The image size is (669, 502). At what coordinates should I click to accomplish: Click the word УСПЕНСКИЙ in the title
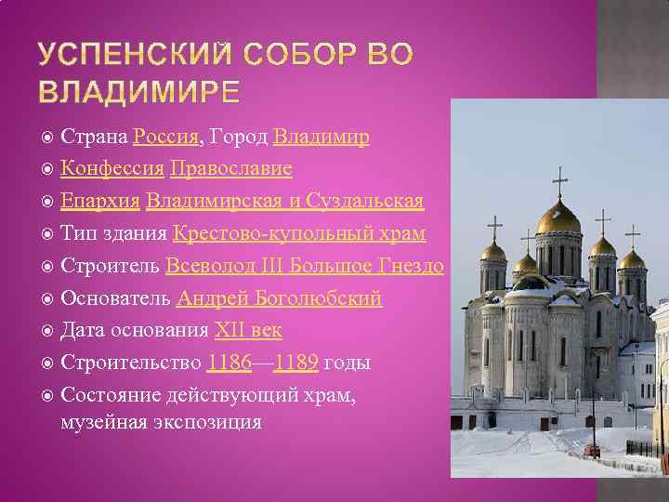tap(131, 55)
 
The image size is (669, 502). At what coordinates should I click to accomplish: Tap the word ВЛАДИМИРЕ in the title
tap(139, 93)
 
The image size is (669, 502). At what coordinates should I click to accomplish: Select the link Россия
tap(165, 138)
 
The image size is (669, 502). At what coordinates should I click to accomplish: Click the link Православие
tap(231, 169)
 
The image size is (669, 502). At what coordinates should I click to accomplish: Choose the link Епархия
tap(100, 201)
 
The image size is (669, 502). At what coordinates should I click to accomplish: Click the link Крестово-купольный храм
tap(299, 233)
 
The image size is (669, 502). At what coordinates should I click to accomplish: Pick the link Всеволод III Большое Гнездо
tap(304, 266)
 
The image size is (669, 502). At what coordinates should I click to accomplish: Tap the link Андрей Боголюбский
tap(279, 298)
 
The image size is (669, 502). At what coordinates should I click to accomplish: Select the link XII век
tap(248, 330)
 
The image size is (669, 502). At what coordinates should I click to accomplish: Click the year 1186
tap(230, 363)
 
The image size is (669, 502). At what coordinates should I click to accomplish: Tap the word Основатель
tap(115, 298)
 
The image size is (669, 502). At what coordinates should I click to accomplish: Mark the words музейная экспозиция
tap(161, 422)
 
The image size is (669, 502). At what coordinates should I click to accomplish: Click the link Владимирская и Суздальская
tap(284, 201)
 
